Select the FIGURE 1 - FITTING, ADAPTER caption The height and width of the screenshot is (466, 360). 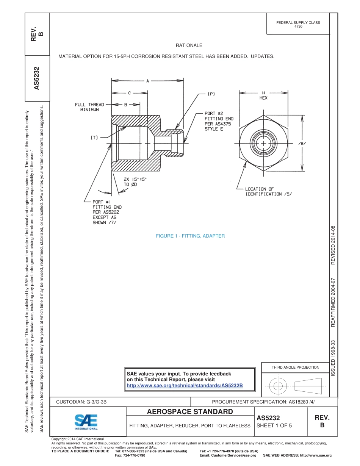tap(190, 236)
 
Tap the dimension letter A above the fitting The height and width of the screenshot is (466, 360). tap(147, 80)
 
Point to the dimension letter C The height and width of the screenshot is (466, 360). tap(129, 92)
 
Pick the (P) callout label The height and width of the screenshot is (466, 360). tap(211, 93)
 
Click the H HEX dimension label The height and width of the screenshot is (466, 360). tap(263, 95)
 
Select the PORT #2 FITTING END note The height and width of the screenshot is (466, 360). tap(219, 121)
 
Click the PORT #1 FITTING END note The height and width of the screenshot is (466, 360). tap(107, 212)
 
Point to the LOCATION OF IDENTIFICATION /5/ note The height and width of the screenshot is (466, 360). tap(268, 191)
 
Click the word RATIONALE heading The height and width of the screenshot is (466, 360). tap(189, 45)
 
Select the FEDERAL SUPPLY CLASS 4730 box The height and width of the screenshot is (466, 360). tap(298, 25)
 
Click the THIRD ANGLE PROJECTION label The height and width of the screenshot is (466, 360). tap(295, 367)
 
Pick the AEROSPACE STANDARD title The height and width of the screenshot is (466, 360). tap(190, 412)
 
